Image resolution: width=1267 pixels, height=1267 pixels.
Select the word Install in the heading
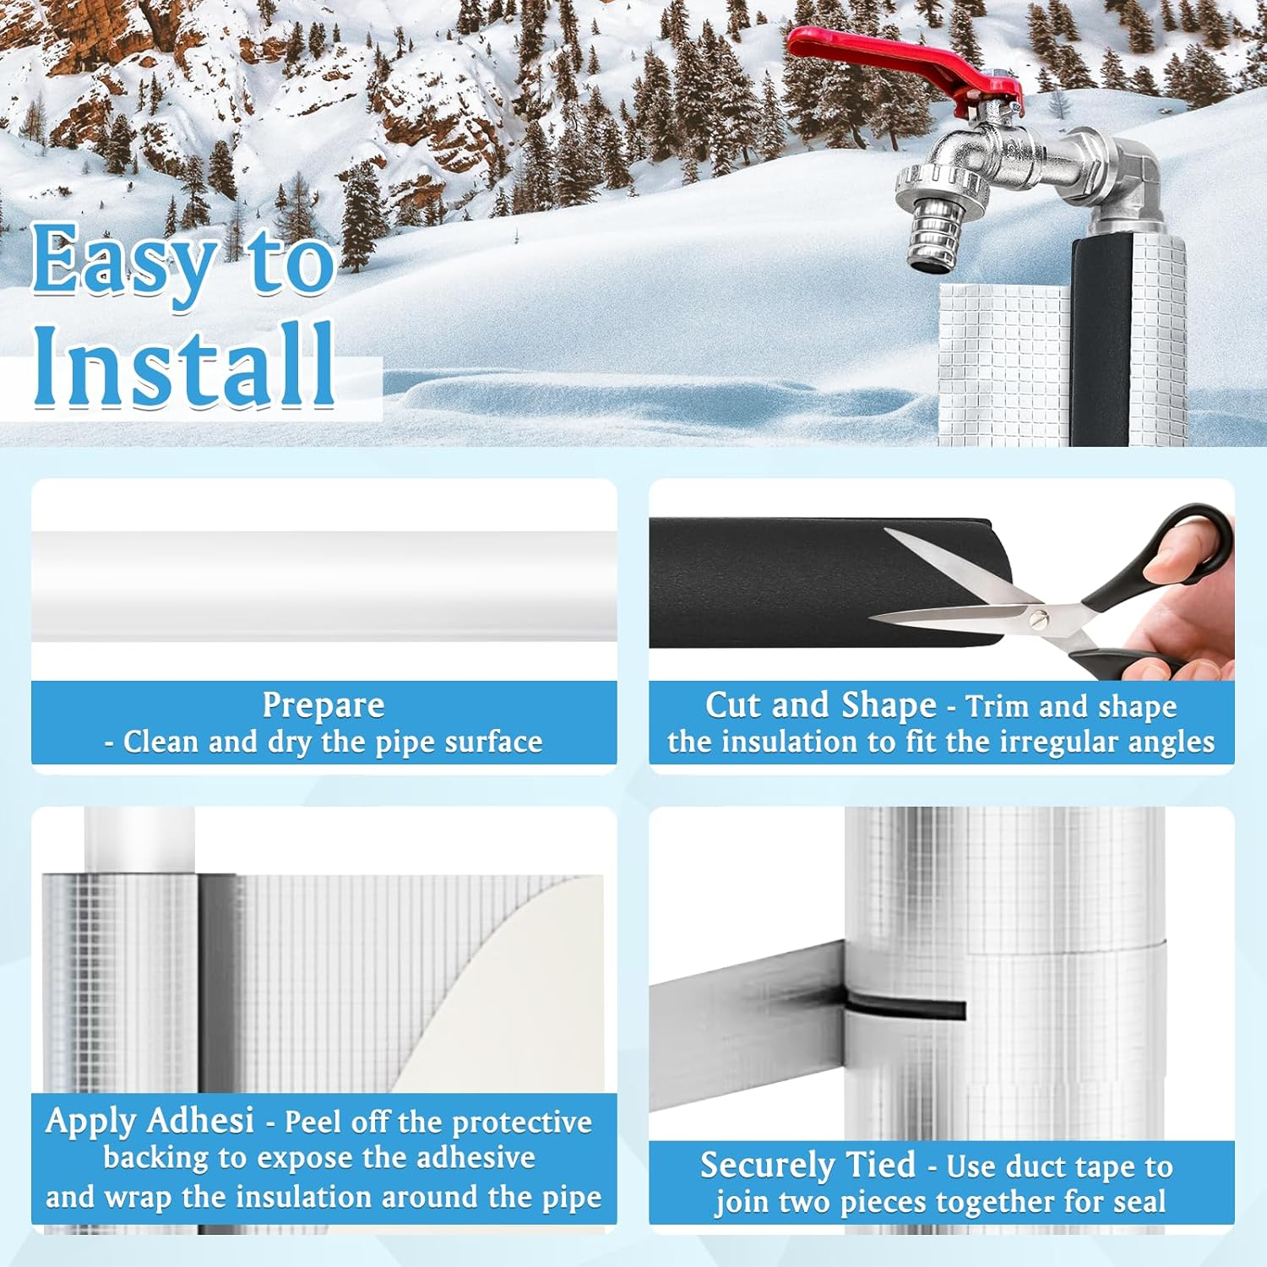pos(184,366)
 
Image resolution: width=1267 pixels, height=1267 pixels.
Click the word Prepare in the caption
pos(324,704)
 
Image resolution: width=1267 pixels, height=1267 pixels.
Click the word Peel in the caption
pos(313,1122)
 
